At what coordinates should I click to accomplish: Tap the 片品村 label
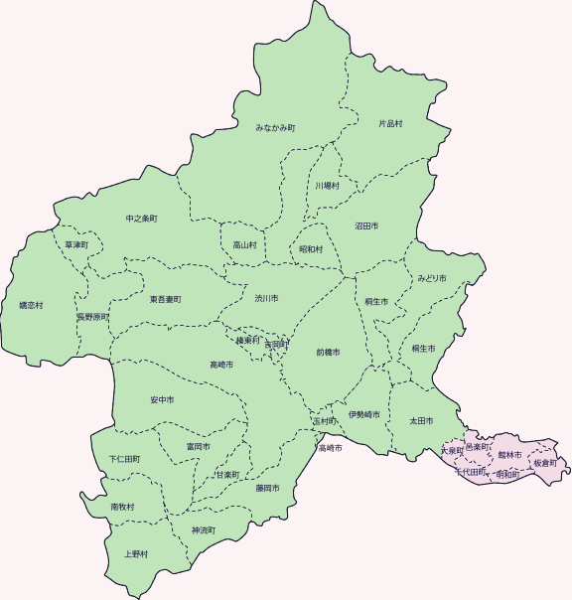coord(390,124)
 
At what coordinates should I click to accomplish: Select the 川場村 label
coord(328,186)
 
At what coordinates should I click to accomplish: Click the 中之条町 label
coord(141,218)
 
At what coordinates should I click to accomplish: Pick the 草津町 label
coord(76,244)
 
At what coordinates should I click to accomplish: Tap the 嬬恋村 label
coord(31,305)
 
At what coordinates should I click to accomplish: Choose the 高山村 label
coord(244,244)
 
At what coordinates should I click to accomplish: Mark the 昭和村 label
coord(311,249)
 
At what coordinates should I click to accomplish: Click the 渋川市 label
coord(266,298)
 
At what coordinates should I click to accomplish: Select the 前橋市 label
coord(328,353)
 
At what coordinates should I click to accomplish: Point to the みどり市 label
coord(432,277)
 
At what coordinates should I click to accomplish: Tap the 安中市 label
coord(162,400)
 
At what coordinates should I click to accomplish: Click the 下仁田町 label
coord(124,460)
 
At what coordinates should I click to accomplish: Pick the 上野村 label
coord(136,553)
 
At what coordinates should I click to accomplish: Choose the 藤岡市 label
coord(267,488)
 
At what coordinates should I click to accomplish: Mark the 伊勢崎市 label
coord(364,414)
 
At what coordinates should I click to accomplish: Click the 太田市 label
coord(422,421)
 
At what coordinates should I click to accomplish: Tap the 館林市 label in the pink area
coord(510,454)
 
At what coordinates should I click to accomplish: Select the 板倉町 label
coord(545,464)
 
